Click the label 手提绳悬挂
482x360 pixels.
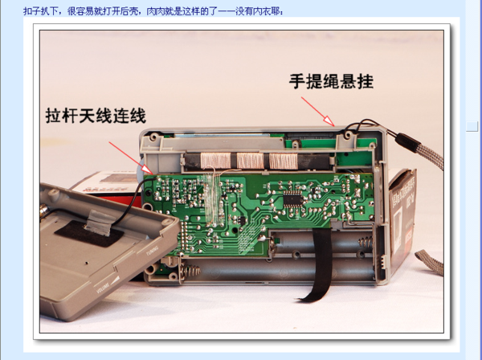[x=331, y=81]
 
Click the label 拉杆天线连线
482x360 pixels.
[x=96, y=116]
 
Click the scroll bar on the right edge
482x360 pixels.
[x=474, y=125]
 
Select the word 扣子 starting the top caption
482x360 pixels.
[x=30, y=11]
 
